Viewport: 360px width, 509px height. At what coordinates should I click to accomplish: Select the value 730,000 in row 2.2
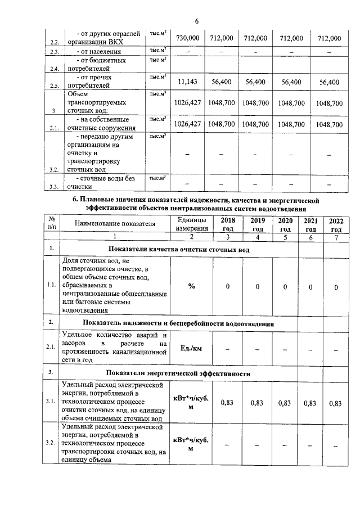188,38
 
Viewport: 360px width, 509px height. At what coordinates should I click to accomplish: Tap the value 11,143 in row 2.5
188,82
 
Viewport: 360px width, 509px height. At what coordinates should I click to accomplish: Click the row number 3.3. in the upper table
55,187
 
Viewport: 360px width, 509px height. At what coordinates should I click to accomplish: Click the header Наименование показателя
115,224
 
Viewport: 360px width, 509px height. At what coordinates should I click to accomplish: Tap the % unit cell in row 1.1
191,286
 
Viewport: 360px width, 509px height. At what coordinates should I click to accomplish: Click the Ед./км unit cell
191,348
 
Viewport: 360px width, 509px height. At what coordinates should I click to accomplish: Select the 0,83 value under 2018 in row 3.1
228,403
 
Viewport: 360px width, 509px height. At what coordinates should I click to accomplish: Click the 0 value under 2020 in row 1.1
286,287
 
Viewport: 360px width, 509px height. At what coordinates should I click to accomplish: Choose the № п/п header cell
51,224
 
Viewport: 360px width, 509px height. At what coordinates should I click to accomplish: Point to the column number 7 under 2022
336,237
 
